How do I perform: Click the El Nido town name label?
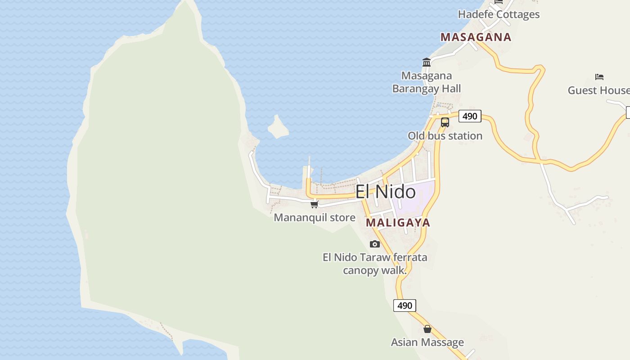pyautogui.click(x=386, y=192)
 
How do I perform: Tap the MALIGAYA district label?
pyautogui.click(x=398, y=222)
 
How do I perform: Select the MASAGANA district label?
pyautogui.click(x=476, y=37)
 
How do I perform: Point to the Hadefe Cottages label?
pyautogui.click(x=499, y=14)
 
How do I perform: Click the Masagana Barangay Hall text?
pyautogui.click(x=427, y=82)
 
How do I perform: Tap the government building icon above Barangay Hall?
pyautogui.click(x=427, y=62)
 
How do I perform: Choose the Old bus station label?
pyautogui.click(x=445, y=135)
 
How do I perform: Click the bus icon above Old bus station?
pyautogui.click(x=445, y=122)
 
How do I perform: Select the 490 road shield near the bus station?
pyautogui.click(x=470, y=116)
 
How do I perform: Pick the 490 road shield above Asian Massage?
pyautogui.click(x=405, y=306)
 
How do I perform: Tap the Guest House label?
pyautogui.click(x=598, y=90)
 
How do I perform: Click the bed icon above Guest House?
pyautogui.click(x=599, y=76)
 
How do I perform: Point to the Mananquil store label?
pyautogui.click(x=315, y=217)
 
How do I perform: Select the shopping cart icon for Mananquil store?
pyautogui.click(x=315, y=204)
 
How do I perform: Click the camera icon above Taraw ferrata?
pyautogui.click(x=375, y=244)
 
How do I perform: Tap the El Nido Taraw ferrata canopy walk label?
pyautogui.click(x=375, y=264)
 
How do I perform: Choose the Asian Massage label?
pyautogui.click(x=427, y=342)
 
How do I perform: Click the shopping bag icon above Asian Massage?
pyautogui.click(x=427, y=329)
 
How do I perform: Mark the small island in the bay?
pyautogui.click(x=278, y=127)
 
